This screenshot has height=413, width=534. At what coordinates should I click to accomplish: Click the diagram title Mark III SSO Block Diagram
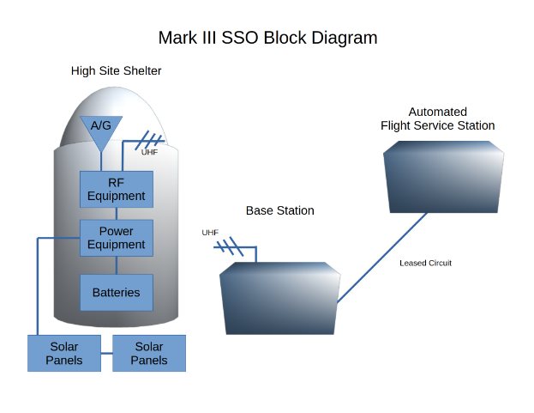tap(267, 38)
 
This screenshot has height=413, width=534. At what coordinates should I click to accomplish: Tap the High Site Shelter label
tap(116, 70)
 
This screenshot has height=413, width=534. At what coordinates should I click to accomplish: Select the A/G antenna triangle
tap(101, 129)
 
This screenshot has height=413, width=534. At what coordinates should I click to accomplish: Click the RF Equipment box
tap(116, 189)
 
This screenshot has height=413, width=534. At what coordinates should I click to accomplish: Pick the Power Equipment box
tap(116, 238)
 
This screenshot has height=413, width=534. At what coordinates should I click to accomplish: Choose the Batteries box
tap(116, 293)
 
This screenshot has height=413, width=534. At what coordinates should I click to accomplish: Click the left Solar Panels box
tap(64, 353)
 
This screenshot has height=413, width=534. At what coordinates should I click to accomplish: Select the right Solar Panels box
tap(149, 353)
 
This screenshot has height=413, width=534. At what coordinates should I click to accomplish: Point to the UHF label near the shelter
tap(149, 152)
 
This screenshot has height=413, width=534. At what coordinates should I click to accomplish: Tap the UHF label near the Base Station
tap(210, 233)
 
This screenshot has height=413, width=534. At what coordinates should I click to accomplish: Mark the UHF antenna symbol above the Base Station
tap(230, 247)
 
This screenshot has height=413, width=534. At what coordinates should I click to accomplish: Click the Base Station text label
tap(279, 210)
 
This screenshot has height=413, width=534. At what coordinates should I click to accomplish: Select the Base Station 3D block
tap(280, 300)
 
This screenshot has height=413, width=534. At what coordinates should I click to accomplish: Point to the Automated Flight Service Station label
tap(437, 118)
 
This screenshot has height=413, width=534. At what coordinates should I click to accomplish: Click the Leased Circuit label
tap(425, 263)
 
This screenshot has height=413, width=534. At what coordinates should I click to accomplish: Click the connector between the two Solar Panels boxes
tap(106, 353)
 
